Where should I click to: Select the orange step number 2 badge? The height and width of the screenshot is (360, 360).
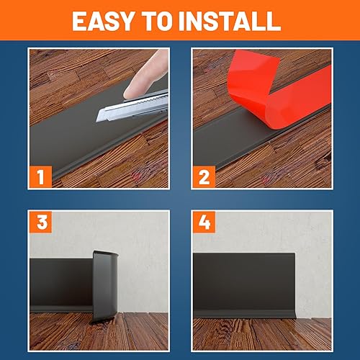[x=204, y=176]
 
